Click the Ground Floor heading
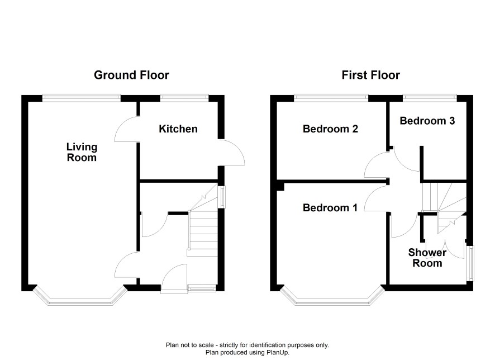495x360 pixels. coord(131,75)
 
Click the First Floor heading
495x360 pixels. coord(370,75)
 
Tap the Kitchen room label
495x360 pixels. coord(178,129)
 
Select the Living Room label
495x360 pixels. coord(82,152)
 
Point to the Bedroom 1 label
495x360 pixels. coord(330,207)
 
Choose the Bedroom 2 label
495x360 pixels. coord(330,129)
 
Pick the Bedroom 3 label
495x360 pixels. coord(427,121)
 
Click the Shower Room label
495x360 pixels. coord(427,258)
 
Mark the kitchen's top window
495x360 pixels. coord(184,98)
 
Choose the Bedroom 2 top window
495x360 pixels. coord(331,98)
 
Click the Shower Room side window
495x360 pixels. coord(470,263)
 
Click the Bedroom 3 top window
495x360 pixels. coord(430,98)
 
